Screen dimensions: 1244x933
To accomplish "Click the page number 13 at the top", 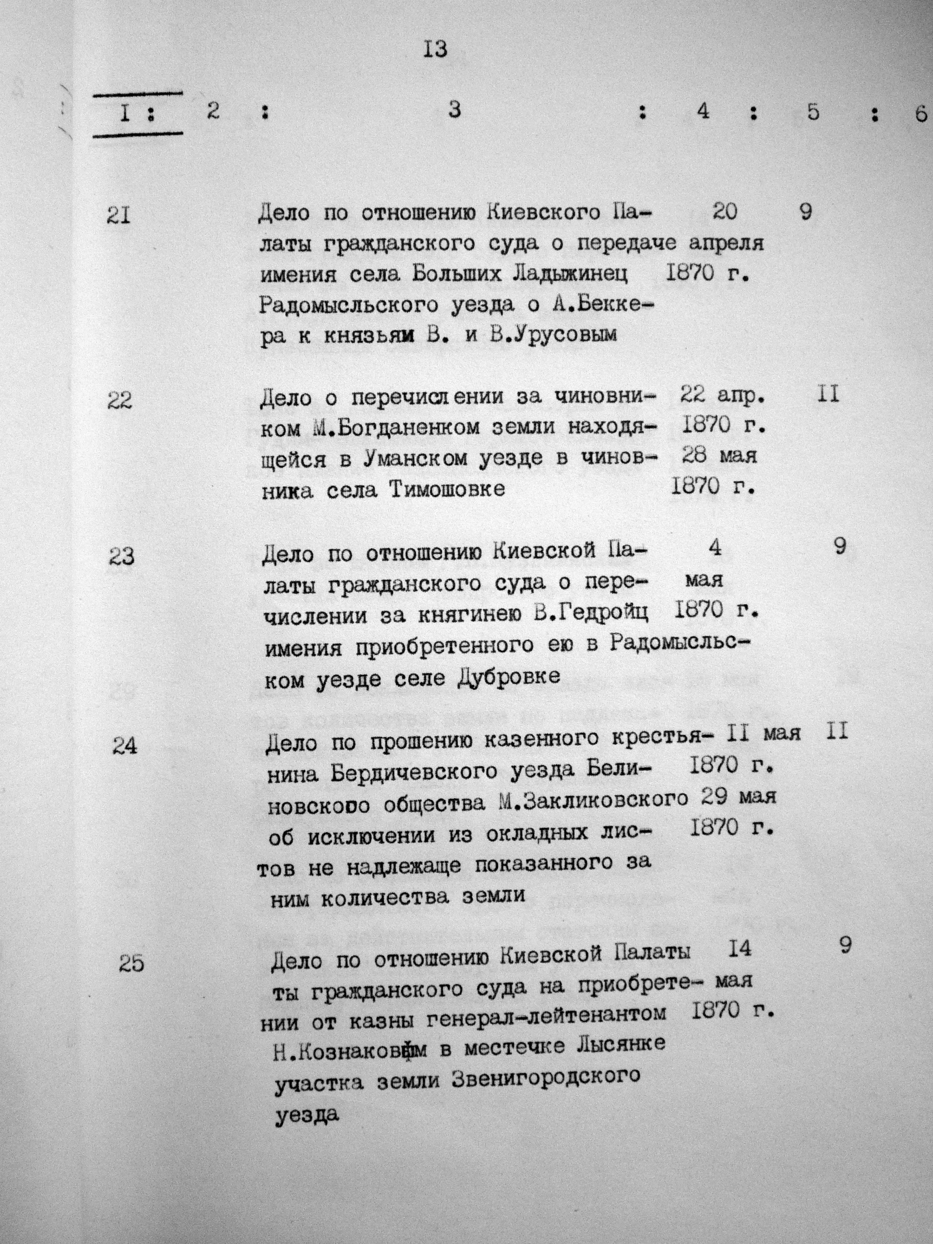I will click(435, 50).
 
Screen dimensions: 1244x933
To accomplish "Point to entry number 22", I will click(119, 401).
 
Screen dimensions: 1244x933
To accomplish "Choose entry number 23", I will click(121, 557).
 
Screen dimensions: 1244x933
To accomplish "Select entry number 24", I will click(124, 746).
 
